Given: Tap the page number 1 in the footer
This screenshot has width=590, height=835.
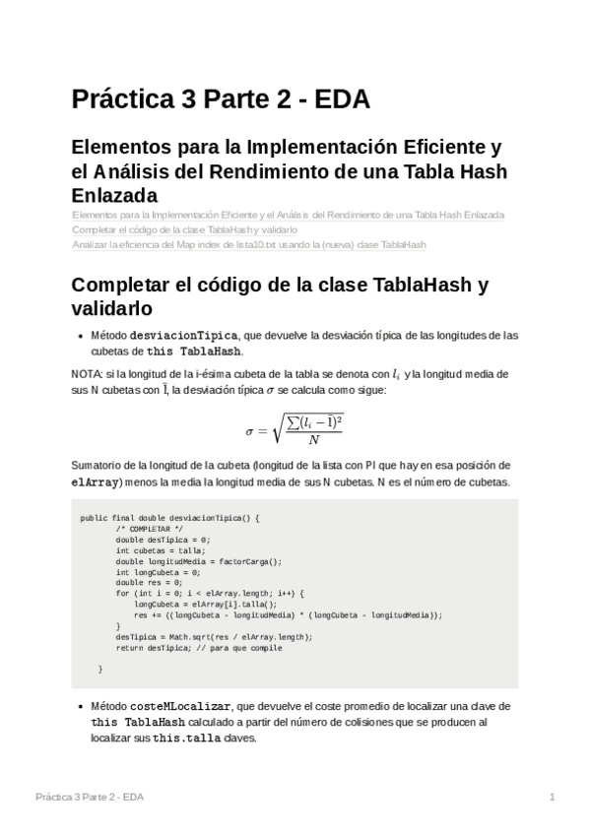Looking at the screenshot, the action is tap(553, 796).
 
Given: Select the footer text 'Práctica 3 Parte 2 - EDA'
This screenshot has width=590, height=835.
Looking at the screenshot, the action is tap(92, 796).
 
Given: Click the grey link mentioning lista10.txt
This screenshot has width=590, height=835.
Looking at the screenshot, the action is tap(249, 244).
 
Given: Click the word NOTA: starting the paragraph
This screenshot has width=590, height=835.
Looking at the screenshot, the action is tap(88, 374).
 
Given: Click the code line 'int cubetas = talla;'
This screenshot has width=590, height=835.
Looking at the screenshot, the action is tap(154, 550).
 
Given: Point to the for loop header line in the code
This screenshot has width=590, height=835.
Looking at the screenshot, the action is tap(211, 593).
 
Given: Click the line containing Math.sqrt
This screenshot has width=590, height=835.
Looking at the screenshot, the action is tap(214, 636).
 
